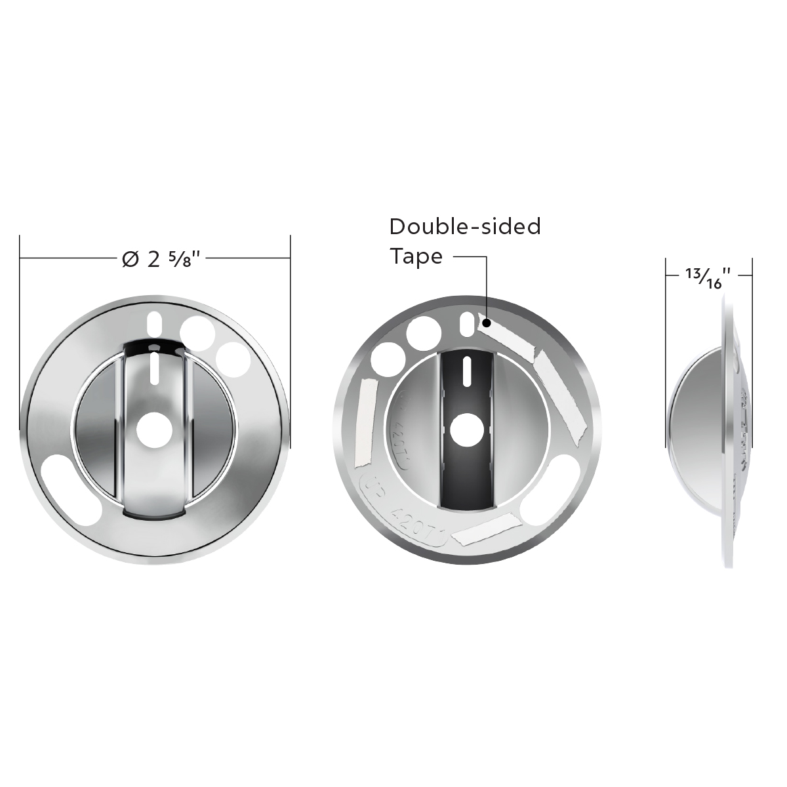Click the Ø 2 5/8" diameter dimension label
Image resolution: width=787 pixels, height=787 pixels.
161,259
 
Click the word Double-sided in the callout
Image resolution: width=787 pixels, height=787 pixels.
465,226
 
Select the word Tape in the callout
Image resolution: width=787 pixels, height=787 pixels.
416,256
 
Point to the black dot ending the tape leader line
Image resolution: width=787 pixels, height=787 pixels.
487,323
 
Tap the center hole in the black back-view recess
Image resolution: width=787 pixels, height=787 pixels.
467,429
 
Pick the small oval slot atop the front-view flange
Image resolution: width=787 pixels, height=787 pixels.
155,323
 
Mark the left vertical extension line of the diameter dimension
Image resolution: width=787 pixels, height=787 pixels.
20,328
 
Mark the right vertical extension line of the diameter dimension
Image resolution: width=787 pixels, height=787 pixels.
290,328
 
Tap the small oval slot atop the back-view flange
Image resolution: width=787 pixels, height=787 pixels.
466,323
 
